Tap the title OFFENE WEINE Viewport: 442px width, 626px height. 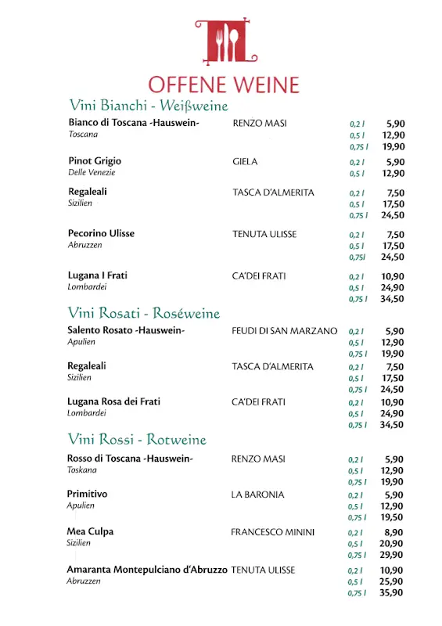224,85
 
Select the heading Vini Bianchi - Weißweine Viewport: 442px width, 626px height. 149,106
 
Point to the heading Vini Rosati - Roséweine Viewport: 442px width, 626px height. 144,313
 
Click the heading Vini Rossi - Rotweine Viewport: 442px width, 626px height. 137,439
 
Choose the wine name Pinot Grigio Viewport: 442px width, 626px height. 95,161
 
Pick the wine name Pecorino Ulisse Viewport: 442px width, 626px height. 101,234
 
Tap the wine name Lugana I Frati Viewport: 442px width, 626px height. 98,275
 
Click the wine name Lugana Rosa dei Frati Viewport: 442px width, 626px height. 113,401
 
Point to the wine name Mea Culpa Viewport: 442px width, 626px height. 90,531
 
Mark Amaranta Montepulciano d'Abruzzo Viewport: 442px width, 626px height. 147,570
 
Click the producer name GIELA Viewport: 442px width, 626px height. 245,162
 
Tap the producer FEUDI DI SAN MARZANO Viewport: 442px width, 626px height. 285,331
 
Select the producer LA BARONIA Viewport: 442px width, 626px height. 257,495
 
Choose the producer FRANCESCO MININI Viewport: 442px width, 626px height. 272,532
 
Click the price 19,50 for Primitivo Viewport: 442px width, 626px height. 392,517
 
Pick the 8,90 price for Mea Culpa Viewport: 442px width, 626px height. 394,532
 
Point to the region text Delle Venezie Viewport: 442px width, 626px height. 92,172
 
